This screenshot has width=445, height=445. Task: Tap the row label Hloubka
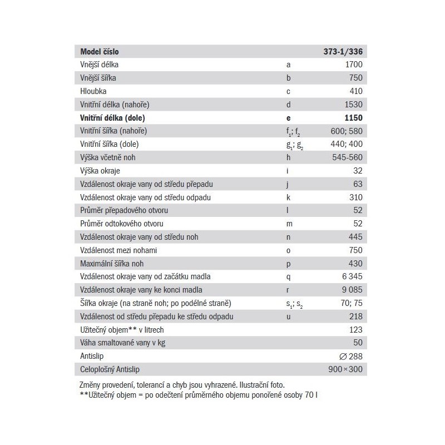click(x=93, y=91)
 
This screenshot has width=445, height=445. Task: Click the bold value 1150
click(x=353, y=118)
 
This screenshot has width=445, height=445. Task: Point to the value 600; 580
click(x=346, y=131)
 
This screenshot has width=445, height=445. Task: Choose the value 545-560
click(x=347, y=157)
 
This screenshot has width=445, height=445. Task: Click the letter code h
click(x=288, y=157)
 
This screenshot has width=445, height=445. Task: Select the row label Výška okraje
click(x=101, y=171)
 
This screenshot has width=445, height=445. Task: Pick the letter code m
click(x=289, y=224)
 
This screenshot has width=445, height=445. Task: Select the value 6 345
click(x=350, y=276)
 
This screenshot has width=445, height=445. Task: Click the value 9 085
click(x=350, y=290)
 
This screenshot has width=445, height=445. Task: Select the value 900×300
click(x=345, y=369)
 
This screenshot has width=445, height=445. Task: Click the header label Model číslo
click(x=100, y=51)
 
